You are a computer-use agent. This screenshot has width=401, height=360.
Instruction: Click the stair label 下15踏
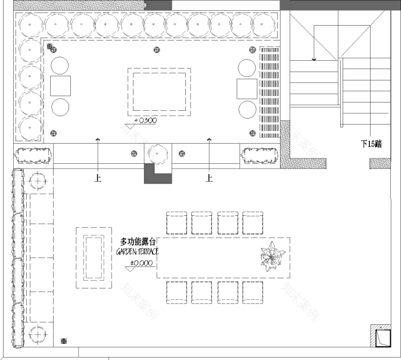point(371,144)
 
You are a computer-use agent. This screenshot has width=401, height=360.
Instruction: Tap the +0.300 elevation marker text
point(146,120)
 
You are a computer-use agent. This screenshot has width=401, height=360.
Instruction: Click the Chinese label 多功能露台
point(138,242)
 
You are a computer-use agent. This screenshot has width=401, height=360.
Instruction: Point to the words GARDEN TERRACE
point(137,252)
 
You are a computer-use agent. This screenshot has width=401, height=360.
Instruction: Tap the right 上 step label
point(209,178)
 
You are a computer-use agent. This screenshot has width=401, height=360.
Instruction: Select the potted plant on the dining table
point(271,257)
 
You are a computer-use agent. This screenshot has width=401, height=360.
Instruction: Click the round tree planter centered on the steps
point(158,154)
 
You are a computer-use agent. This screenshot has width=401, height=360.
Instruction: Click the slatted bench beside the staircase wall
point(269,91)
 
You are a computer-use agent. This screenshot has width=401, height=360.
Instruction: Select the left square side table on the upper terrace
point(60,87)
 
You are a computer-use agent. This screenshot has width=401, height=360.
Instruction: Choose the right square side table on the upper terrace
point(247,88)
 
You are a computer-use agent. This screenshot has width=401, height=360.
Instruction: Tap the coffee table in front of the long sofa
point(94,257)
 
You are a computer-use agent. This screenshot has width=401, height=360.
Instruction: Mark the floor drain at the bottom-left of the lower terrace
point(64,341)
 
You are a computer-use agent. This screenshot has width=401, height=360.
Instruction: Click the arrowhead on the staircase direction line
point(314,59)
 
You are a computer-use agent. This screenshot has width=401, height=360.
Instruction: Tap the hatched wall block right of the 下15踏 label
point(380,163)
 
